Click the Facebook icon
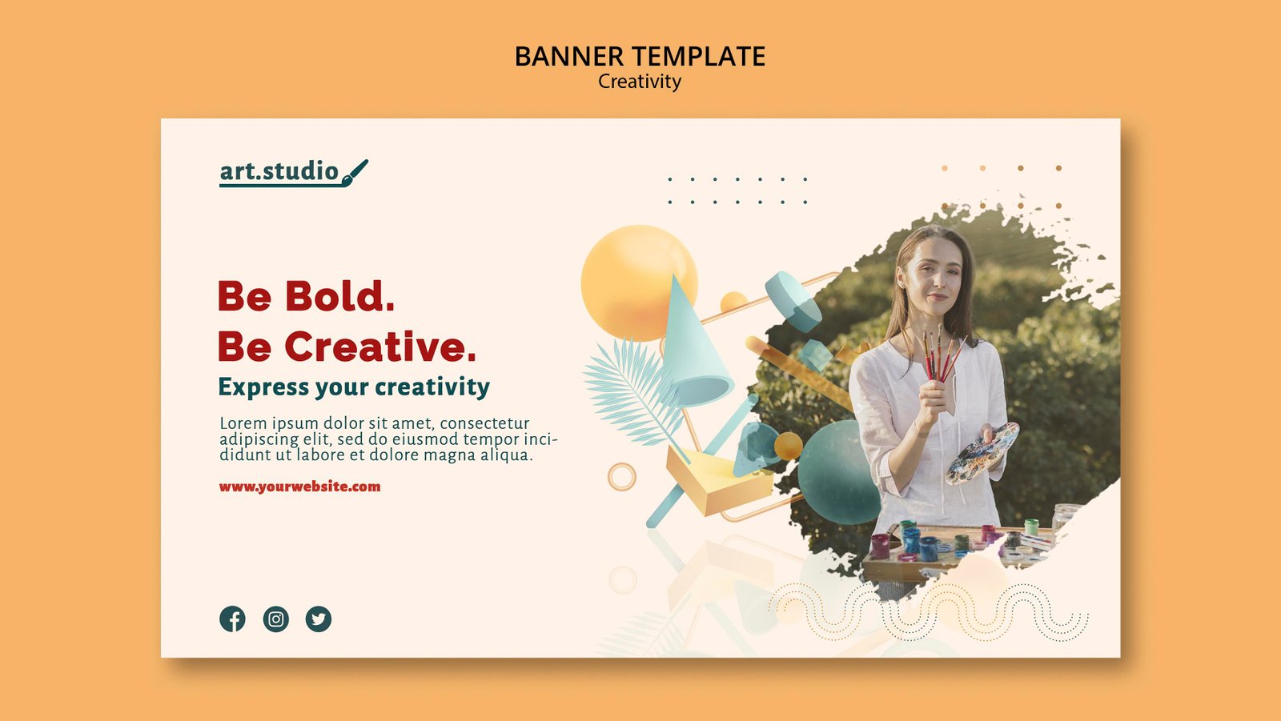(x=232, y=619)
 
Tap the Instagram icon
(x=275, y=619)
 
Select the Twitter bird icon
(x=319, y=619)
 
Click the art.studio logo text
(x=279, y=171)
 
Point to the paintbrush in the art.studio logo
(x=355, y=173)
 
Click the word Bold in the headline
(x=339, y=296)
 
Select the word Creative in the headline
(x=380, y=346)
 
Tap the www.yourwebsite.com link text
(x=299, y=487)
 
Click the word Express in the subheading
(x=263, y=387)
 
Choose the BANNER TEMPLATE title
(x=640, y=56)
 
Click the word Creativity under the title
(x=640, y=82)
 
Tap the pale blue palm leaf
(x=632, y=391)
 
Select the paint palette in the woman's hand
(x=982, y=453)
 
